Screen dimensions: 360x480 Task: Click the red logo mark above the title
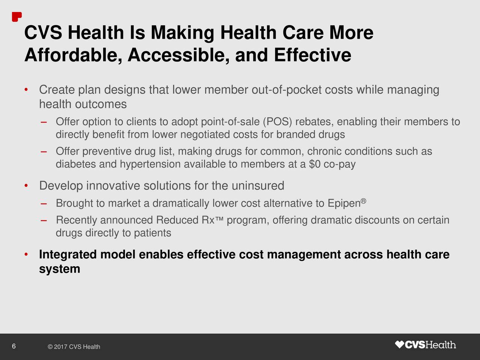16,17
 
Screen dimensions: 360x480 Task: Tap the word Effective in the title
312,56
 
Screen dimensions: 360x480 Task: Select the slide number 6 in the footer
13,346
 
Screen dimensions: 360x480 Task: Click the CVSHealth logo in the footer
426,345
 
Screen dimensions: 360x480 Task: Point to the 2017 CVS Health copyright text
74,347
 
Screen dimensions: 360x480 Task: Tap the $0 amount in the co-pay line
315,164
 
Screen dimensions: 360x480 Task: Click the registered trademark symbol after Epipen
363,201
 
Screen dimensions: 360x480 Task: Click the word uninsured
258,186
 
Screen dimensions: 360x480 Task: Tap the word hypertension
150,164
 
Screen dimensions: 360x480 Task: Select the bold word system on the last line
59,269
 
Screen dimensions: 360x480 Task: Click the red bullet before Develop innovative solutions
25,186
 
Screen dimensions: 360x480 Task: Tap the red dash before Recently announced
43,220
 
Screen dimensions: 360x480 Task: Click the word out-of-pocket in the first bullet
287,90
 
